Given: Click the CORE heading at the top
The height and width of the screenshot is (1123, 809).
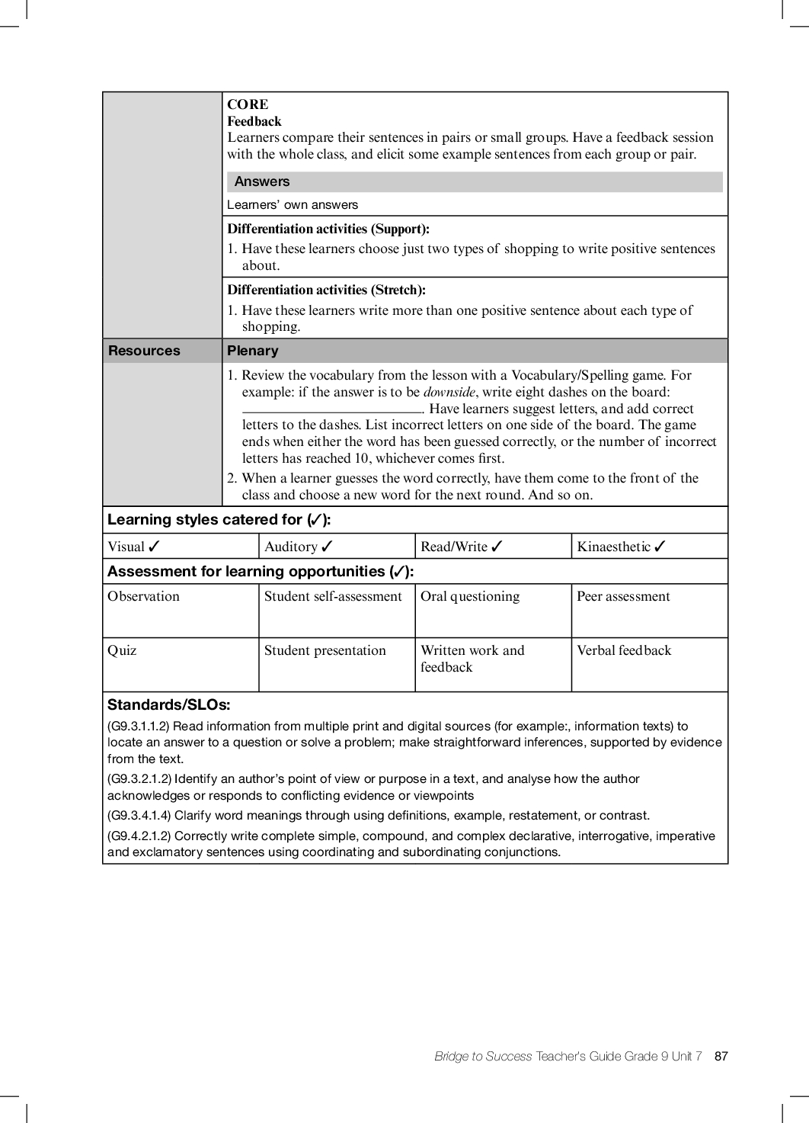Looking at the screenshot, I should (248, 104).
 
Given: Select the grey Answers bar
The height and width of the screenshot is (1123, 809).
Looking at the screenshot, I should (474, 181).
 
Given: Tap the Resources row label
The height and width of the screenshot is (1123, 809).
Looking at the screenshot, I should (145, 351).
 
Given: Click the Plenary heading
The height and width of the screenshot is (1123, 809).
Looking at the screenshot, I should (253, 351).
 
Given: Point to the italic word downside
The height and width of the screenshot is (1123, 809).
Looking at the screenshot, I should (449, 392).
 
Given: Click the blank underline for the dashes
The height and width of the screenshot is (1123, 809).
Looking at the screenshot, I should (331, 410).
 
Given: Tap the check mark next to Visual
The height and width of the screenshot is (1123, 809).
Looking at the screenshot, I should (155, 547).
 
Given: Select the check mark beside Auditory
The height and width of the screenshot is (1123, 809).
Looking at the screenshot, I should (327, 547).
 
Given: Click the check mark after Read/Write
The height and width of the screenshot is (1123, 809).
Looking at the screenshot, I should (497, 547).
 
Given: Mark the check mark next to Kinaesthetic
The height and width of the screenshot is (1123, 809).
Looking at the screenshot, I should (660, 547).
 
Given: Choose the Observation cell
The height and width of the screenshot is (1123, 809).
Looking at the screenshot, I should (144, 597).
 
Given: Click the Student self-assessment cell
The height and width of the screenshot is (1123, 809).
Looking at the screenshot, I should (333, 597).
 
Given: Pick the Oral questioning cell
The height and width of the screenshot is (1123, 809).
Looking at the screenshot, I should (470, 597).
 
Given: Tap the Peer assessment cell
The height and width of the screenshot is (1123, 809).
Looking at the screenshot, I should (623, 597).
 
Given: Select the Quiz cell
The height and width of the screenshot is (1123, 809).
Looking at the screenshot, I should (123, 651).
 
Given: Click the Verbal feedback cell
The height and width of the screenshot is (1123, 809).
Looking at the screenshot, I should (624, 651).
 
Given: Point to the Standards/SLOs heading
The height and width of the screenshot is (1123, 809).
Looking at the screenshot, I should (169, 705).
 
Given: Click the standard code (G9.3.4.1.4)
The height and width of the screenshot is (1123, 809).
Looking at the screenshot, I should (139, 816).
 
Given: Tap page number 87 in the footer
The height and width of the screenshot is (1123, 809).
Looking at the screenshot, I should (721, 1057).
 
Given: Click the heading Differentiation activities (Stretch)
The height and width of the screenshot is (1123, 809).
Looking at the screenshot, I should (326, 290).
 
